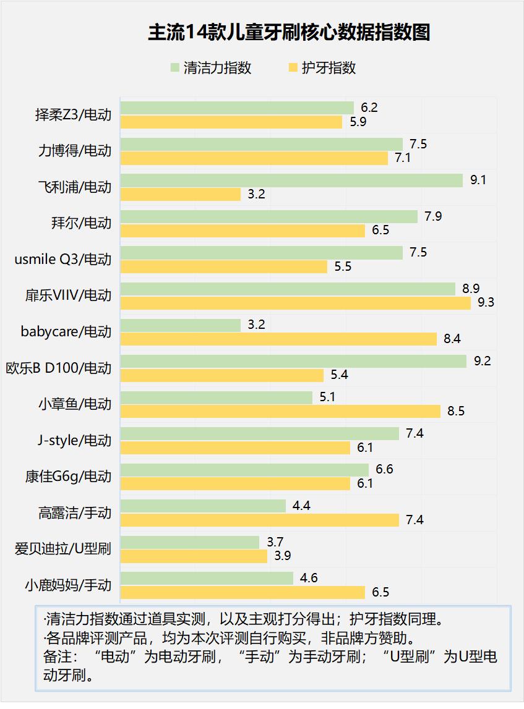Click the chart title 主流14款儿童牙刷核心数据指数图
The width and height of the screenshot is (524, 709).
289,32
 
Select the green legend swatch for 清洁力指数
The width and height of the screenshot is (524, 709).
174,67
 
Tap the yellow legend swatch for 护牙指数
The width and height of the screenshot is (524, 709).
293,67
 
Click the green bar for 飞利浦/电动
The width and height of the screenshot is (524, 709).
291,180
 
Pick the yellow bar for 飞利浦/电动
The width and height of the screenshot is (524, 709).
181,194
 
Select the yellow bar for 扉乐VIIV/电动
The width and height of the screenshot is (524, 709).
296,303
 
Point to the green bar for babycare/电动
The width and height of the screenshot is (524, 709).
181,325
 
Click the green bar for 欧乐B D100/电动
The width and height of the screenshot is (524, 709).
293,361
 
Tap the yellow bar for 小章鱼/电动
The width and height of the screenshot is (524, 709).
280,411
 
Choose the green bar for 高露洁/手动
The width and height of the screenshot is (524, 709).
203,506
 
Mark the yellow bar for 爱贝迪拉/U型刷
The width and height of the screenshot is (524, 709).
194,556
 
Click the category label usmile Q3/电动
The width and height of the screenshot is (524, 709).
63,259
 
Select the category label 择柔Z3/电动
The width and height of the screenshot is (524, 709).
73,114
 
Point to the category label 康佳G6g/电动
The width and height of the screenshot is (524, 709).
68,476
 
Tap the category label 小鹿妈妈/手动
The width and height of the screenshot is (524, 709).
68,585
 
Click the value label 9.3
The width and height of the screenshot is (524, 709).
486,303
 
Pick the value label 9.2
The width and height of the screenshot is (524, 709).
482,361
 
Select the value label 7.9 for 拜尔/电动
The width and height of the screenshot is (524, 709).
433,216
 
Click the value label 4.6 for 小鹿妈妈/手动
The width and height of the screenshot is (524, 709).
309,578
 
